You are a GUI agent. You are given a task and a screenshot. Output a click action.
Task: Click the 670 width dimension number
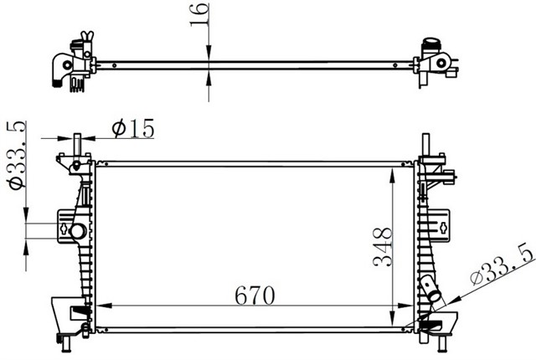255,295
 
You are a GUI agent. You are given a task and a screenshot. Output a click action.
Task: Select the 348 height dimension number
382,247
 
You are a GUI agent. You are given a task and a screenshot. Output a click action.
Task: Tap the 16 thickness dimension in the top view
199,14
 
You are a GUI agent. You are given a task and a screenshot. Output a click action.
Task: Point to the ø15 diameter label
133,128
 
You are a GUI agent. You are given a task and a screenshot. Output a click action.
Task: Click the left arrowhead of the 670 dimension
104,306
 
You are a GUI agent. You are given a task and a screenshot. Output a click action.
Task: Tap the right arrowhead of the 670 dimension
406,306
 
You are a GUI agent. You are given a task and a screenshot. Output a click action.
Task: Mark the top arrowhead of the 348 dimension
393,175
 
